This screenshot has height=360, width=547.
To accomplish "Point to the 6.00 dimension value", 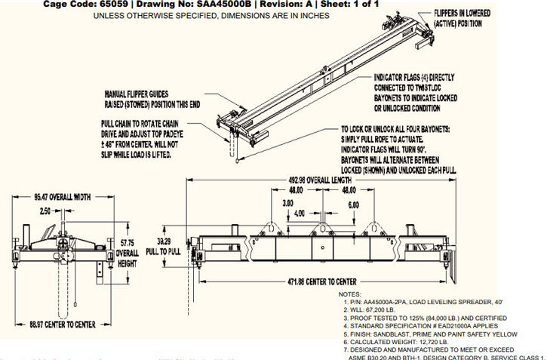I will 353,205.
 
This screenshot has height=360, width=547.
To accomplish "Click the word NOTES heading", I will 351,293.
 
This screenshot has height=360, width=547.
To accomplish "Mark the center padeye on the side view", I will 321,227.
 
